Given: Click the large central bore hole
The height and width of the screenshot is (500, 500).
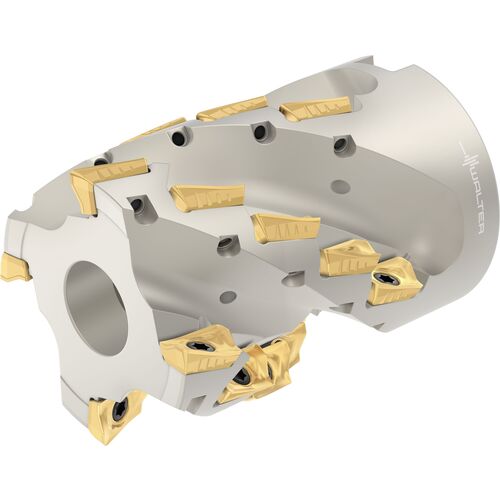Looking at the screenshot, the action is [97, 308].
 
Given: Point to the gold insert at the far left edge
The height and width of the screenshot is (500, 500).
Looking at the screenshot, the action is [16, 268].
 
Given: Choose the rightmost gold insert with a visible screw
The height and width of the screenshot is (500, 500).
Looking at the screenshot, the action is [395, 281].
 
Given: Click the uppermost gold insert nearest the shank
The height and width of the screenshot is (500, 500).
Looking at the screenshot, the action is [316, 107].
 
